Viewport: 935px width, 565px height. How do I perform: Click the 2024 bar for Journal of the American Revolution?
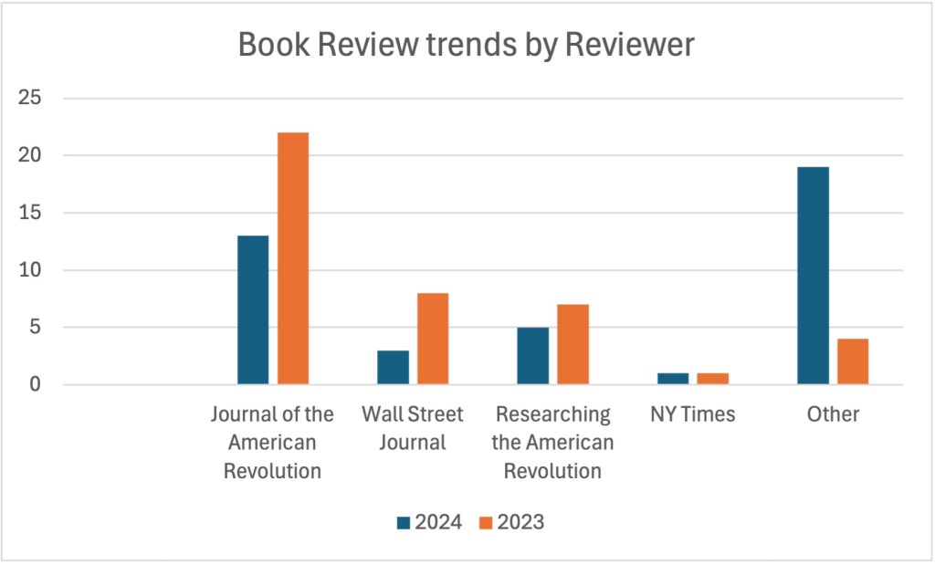click(253, 310)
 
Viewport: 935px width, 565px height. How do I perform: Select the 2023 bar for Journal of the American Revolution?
click(293, 258)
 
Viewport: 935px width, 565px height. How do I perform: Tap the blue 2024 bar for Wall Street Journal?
click(393, 367)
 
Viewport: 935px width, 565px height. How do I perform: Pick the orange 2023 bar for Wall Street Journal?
click(433, 339)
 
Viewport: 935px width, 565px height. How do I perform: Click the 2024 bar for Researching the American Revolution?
click(533, 356)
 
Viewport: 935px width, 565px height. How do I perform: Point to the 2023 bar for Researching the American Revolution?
click(573, 344)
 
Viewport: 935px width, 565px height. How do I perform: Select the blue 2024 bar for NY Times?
click(673, 379)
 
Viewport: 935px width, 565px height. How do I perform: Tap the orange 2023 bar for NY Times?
click(713, 379)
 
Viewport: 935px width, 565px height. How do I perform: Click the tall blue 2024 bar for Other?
click(813, 276)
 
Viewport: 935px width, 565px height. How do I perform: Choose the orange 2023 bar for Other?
click(853, 361)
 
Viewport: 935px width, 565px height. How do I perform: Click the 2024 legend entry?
click(429, 522)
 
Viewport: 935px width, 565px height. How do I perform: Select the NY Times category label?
click(692, 414)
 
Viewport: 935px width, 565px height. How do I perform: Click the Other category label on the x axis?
click(833, 414)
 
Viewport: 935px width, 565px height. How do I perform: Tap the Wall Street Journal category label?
click(413, 428)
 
